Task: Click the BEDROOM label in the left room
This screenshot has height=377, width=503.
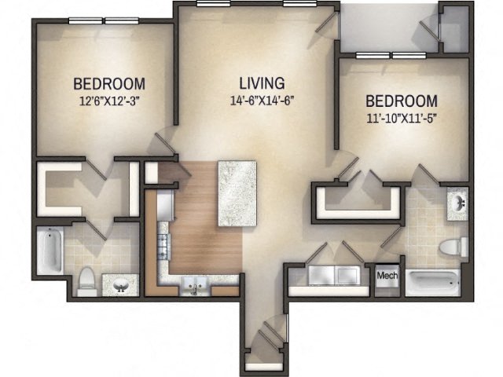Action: (109, 84)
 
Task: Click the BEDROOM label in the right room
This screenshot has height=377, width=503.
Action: (402, 101)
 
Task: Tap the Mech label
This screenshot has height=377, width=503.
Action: (387, 276)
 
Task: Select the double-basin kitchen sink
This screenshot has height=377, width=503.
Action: (192, 285)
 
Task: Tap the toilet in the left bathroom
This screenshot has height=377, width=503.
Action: (88, 280)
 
